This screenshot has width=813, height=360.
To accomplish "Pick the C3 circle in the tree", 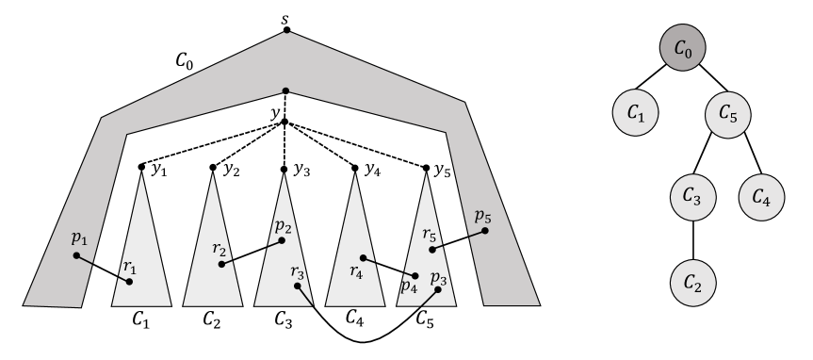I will (693, 199).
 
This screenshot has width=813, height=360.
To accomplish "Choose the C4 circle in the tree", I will (769, 199).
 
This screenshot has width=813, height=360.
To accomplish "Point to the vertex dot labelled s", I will (286, 30).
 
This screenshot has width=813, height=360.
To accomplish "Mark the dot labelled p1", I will (76, 255).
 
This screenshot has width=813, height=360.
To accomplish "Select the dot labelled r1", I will (130, 281).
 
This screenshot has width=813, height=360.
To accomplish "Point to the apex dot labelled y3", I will (285, 169).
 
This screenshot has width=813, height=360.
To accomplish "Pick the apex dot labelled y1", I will (141, 168).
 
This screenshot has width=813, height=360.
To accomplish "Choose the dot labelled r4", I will (363, 254).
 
